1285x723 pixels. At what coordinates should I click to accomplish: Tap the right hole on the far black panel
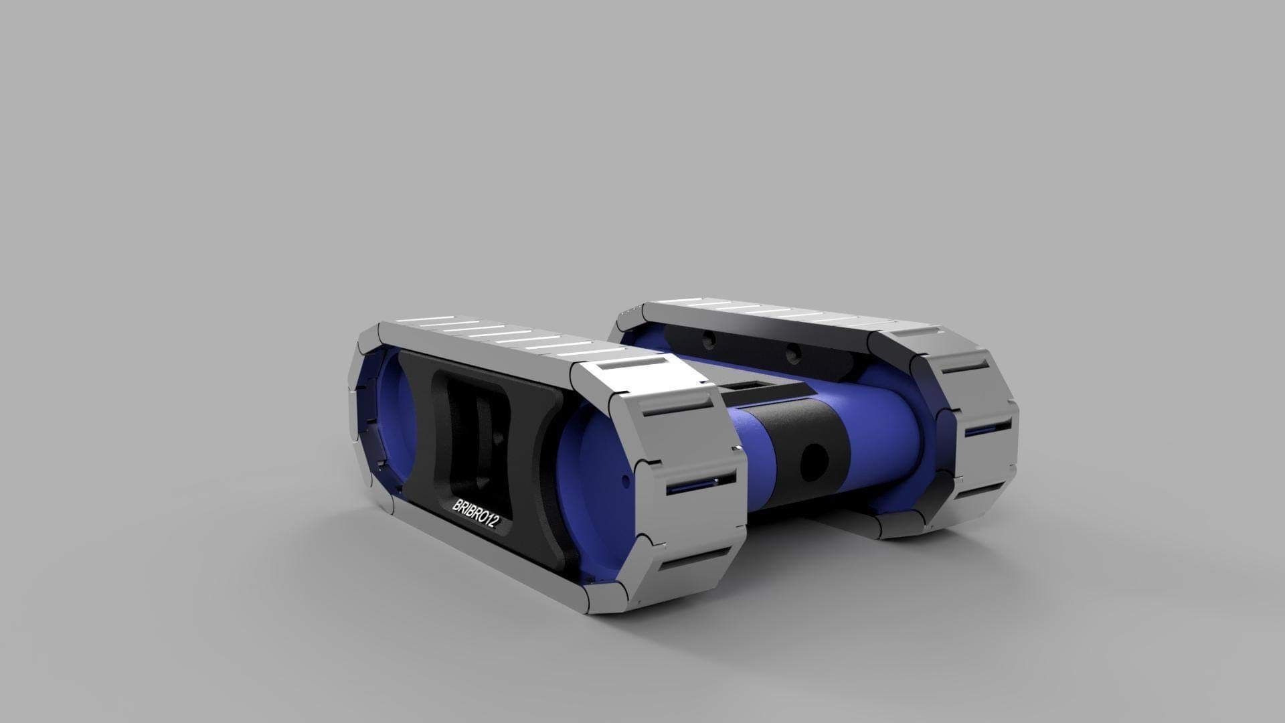(x=792, y=351)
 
